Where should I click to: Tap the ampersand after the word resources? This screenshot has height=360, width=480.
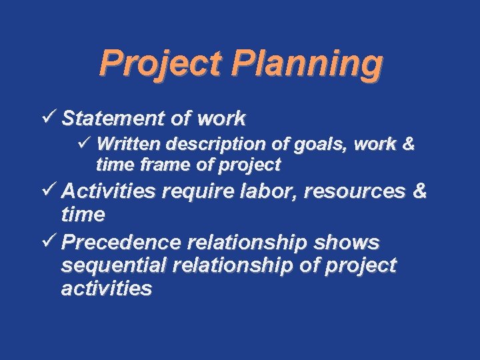pyautogui.click(x=419, y=192)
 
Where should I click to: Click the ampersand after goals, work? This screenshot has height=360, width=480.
pyautogui.click(x=408, y=144)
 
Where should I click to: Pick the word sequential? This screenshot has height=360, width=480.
pyautogui.click(x=114, y=266)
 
